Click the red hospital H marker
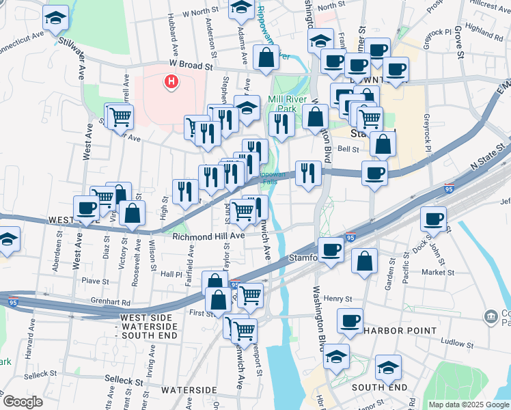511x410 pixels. pos(171,83)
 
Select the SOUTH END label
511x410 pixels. pos(375,387)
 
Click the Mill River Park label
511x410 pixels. pos(291,104)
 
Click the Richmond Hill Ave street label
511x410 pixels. pos(208,236)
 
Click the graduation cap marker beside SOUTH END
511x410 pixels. pos(388,369)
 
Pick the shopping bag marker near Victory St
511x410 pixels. pos(132,213)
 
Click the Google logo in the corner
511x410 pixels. pos(23,402)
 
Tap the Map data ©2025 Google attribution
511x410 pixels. pos(469,405)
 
